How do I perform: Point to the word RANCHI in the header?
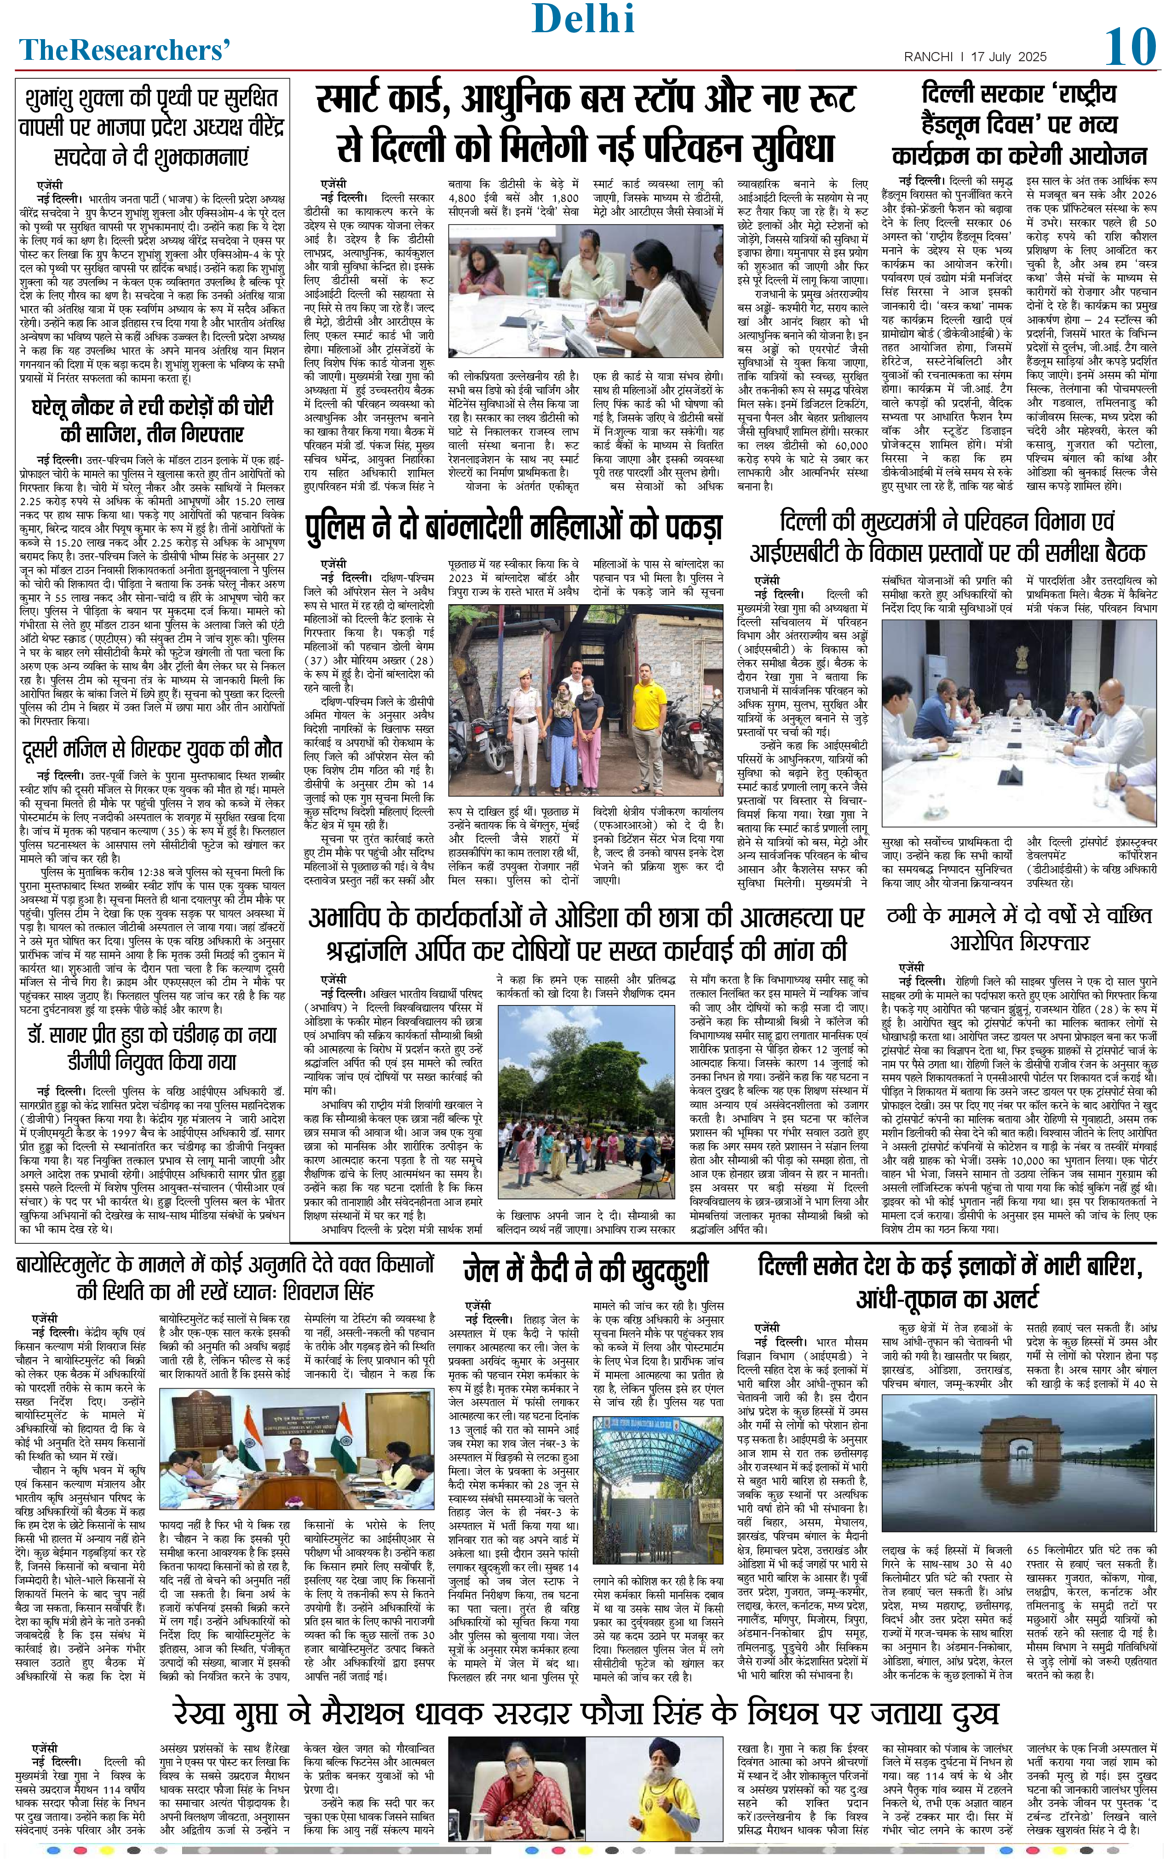click(x=929, y=57)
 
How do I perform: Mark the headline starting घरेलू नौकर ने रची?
click(x=152, y=421)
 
